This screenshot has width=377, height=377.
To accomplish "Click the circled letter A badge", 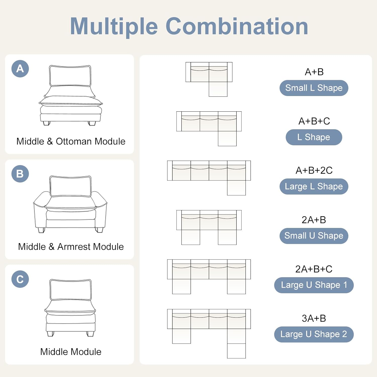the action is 20,69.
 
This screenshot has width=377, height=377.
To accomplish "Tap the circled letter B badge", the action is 20,174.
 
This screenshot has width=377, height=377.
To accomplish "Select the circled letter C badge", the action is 20,279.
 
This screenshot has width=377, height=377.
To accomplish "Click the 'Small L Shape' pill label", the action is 314,88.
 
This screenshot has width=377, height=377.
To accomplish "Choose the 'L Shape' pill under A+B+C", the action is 314,137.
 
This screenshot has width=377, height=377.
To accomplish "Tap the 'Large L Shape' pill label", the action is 314,186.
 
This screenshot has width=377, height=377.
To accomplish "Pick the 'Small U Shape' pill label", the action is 314,236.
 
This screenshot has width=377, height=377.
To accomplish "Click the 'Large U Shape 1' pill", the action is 314,285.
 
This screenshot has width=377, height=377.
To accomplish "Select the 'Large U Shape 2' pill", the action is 314,334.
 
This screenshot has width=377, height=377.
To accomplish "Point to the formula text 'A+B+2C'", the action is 314,170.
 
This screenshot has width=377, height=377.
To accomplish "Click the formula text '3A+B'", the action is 314,318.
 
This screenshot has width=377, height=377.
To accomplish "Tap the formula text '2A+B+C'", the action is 314,269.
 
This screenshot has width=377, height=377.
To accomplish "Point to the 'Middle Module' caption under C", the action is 71,352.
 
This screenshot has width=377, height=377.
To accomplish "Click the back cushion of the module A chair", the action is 70,76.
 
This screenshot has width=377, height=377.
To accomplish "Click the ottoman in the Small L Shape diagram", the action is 218,89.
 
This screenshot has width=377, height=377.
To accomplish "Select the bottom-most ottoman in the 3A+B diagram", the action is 236,351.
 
